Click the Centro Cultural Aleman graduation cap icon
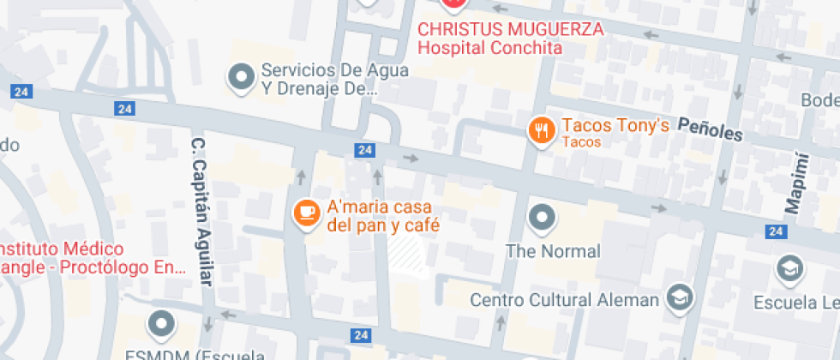click(680, 297)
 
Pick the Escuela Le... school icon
click(788, 269)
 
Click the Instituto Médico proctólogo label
click(90, 258)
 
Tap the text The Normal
click(553, 252)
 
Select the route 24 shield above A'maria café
click(365, 150)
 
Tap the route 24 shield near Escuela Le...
click(777, 231)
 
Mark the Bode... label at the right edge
click(819, 100)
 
